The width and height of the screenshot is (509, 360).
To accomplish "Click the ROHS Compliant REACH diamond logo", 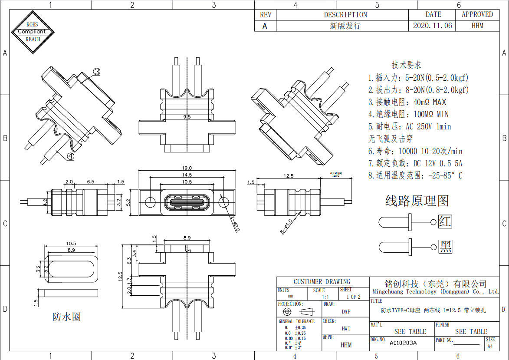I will tap(33, 32).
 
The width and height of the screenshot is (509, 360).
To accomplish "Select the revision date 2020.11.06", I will tap(432, 26).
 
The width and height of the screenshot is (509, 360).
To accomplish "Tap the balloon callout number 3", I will tap(97, 71).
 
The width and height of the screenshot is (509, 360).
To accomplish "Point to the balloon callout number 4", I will tap(70, 156).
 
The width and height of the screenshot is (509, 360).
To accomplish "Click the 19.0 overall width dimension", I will tap(187, 168).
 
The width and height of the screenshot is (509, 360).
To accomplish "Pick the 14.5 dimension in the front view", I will tap(187, 175).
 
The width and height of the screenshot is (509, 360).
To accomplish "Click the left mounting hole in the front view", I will tap(150, 202).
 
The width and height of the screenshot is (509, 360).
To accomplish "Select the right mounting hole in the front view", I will tap(224, 202).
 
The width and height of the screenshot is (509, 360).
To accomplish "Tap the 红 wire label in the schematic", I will tap(445, 221).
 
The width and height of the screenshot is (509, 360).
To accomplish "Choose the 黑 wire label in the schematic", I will tap(445, 247).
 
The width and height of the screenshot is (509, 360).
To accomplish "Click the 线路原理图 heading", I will tap(417, 201).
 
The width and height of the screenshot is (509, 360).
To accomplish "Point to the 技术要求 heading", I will tap(406, 65).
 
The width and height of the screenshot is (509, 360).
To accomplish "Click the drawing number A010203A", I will tap(403, 343).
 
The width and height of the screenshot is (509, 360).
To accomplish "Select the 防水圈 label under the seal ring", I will tap(66, 317).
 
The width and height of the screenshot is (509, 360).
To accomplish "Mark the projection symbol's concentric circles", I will tap(287, 312).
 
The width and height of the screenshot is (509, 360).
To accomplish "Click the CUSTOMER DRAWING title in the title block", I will tap(322, 281).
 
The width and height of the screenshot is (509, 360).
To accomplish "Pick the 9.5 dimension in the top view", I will tap(187, 117).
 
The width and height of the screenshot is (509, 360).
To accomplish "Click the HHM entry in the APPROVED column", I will tap(477, 26).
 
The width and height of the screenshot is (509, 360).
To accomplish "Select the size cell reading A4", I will tap(490, 346).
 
